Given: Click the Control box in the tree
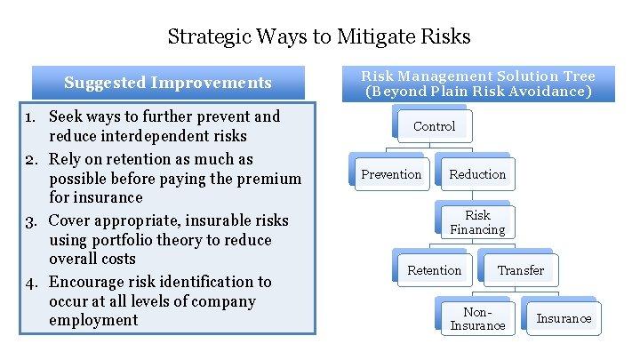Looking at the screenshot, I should pyautogui.click(x=434, y=126).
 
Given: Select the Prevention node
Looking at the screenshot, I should pyautogui.click(x=391, y=174).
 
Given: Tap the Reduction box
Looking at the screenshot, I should pyautogui.click(x=477, y=174).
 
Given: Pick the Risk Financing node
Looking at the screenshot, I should pyautogui.click(x=477, y=222).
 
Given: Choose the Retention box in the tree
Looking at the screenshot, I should pyautogui.click(x=434, y=270).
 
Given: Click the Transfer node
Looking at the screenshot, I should pyautogui.click(x=521, y=270).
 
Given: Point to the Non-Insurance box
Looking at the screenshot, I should pyautogui.click(x=477, y=318).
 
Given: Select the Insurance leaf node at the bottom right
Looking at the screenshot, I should pyautogui.click(x=564, y=318).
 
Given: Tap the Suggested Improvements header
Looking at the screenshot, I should pyautogui.click(x=168, y=83).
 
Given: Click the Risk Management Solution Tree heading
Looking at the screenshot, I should pyautogui.click(x=477, y=84).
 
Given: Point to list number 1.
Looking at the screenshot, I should pyautogui.click(x=31, y=116).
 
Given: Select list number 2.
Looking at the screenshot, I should pyautogui.click(x=31, y=160).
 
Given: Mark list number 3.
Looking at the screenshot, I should pyautogui.click(x=31, y=220).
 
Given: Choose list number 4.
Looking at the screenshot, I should pyautogui.click(x=31, y=282).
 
